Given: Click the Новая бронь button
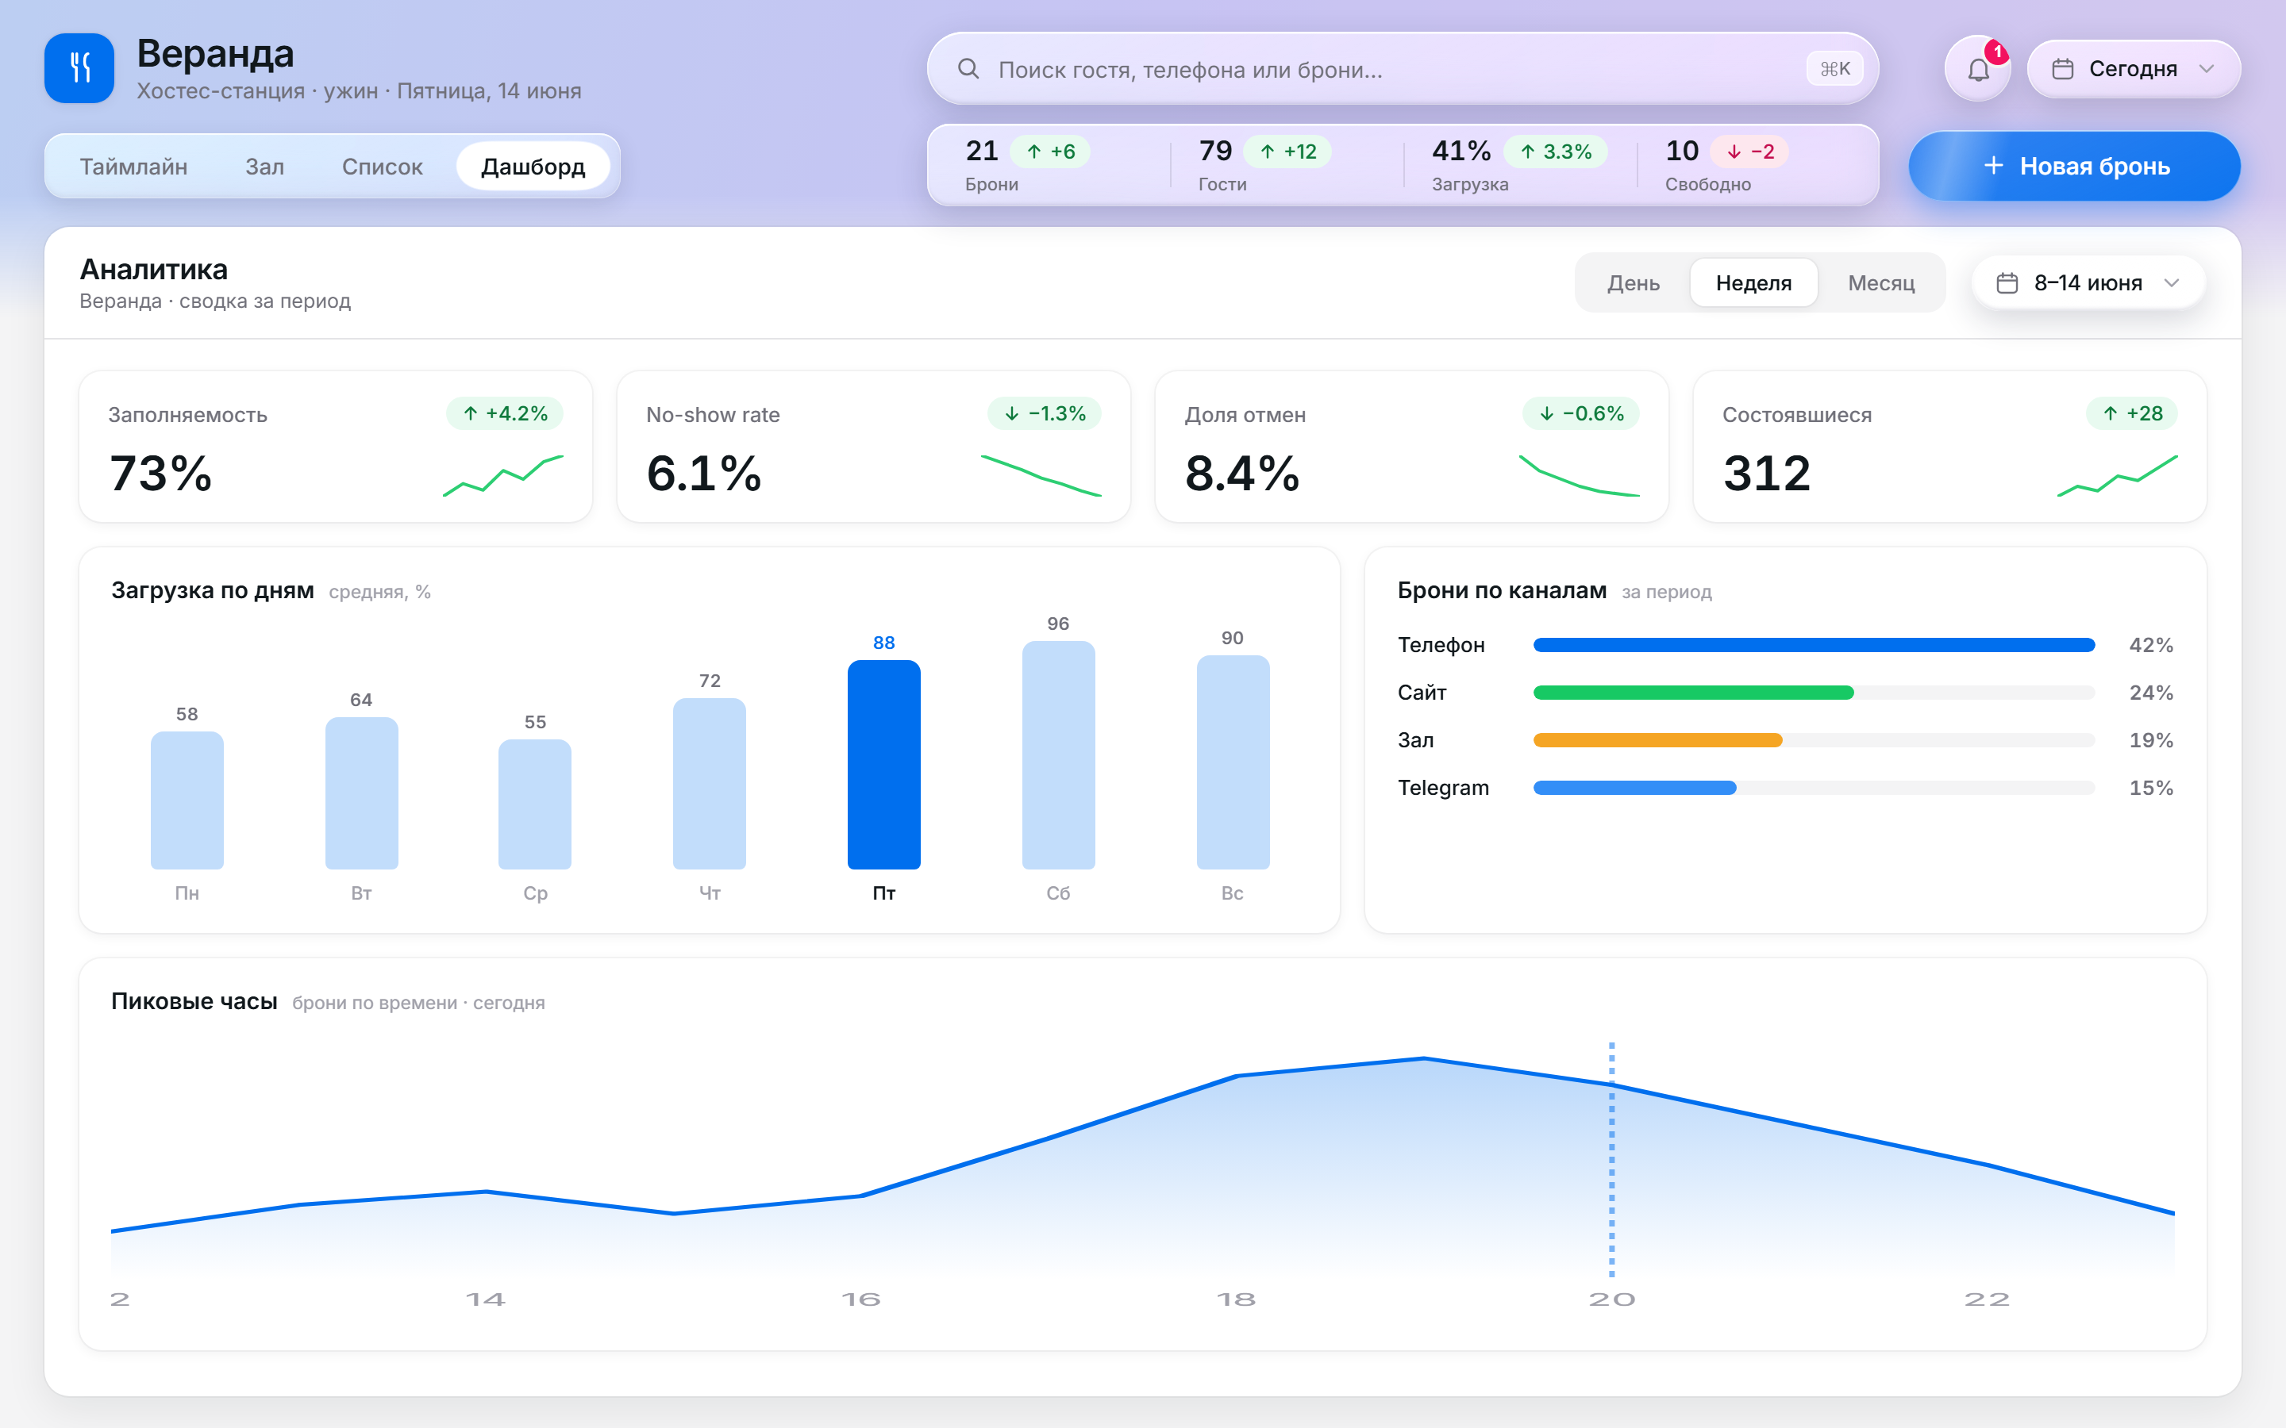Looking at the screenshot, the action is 2074,167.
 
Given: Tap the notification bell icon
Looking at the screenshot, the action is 1978,70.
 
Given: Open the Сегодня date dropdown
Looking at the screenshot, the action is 2134,69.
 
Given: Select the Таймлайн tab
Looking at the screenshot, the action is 133,167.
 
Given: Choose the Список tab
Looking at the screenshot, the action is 383,167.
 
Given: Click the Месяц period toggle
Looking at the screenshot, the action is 1880,282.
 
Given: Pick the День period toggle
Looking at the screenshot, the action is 1634,282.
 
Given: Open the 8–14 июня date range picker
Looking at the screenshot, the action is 2088,282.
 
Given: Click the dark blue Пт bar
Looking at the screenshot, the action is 884,764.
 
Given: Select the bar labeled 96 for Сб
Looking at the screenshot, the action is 1058,754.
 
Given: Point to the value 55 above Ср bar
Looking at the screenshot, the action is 536,723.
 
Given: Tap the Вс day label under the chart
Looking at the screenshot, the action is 1233,893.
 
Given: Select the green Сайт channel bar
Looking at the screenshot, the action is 1694,693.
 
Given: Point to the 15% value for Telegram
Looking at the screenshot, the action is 2151,788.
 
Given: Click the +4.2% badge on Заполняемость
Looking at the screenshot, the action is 505,413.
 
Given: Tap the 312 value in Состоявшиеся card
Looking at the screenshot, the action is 1766,473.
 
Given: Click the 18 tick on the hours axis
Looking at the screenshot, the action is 1236,1299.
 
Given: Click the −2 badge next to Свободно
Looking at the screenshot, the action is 1749,151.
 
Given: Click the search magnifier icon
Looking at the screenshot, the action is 968,69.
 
